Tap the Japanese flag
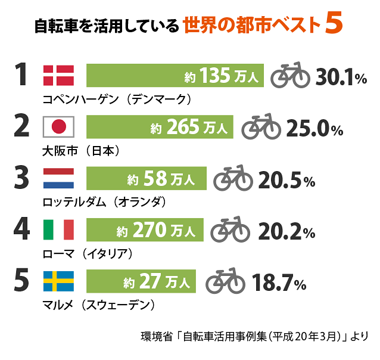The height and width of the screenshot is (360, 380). (x=58, y=126)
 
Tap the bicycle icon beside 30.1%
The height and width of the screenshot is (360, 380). (x=291, y=76)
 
